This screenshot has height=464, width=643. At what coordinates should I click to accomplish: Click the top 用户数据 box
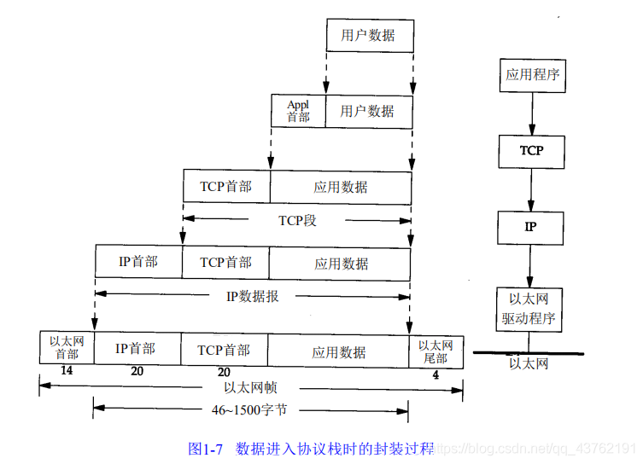[x=370, y=36]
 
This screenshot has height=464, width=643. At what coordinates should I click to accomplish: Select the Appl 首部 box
[x=298, y=111]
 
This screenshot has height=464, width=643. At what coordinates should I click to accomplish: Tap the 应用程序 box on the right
[x=531, y=74]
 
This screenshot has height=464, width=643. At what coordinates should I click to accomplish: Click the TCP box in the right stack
[x=531, y=150]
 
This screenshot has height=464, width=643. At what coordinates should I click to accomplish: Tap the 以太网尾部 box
[x=435, y=351]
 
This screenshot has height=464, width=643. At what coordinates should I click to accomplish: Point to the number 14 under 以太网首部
[x=67, y=372]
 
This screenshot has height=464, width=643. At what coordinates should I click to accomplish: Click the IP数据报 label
[x=252, y=297]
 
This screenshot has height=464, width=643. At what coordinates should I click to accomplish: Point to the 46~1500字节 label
[x=249, y=410]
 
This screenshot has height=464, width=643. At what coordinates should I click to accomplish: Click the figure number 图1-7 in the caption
[x=205, y=448]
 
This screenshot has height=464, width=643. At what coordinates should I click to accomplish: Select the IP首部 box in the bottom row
[x=137, y=350]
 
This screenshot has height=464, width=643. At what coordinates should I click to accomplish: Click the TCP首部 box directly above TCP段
[x=226, y=186]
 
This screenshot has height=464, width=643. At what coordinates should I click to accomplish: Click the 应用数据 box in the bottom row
[x=339, y=351]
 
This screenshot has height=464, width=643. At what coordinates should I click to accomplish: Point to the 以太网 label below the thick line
[x=529, y=363]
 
